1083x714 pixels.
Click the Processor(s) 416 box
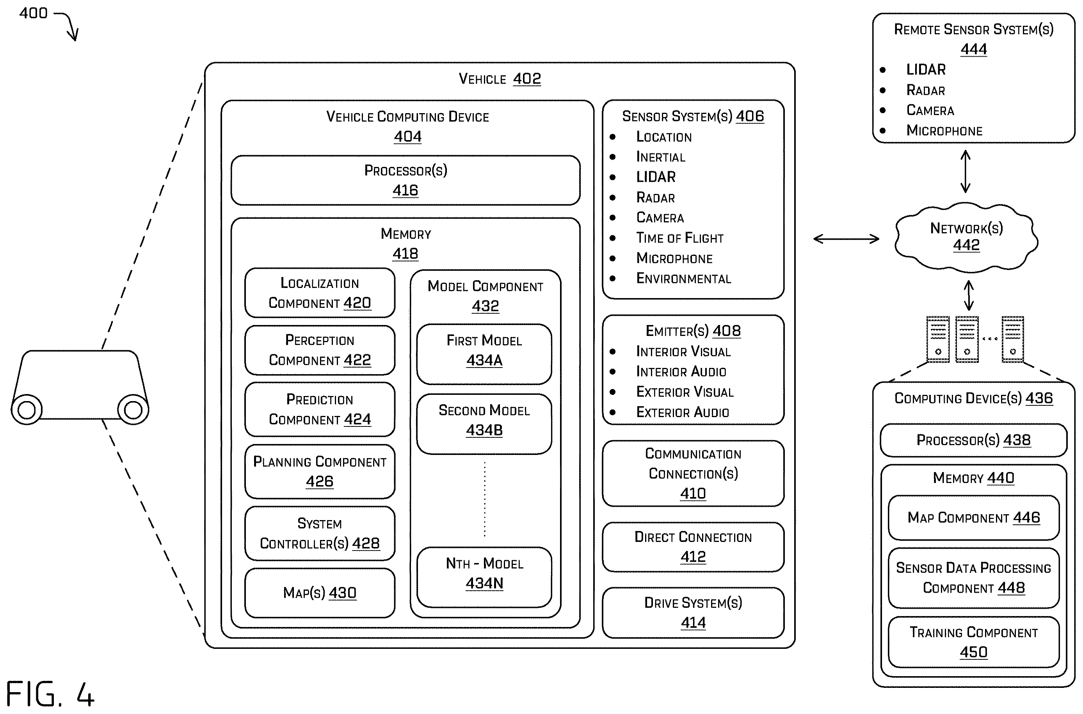click(405, 180)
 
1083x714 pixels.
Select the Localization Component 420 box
click(320, 293)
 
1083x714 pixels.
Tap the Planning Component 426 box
click(320, 471)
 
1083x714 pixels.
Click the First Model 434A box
click(484, 354)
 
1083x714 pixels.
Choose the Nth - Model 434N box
click(484, 577)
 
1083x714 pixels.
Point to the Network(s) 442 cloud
click(966, 237)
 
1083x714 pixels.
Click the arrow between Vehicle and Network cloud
click(846, 239)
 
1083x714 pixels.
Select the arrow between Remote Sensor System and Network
click(965, 171)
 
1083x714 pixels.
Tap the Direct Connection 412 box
click(693, 547)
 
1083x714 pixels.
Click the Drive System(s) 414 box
click(693, 613)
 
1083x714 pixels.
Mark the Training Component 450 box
click(974, 642)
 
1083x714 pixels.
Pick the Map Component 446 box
click(974, 518)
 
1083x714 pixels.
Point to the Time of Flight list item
click(679, 238)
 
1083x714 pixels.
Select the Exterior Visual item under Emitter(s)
click(685, 392)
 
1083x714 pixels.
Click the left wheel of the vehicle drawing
click(27, 409)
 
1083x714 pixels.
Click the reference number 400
click(33, 13)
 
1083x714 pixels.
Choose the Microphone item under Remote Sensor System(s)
click(944, 130)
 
